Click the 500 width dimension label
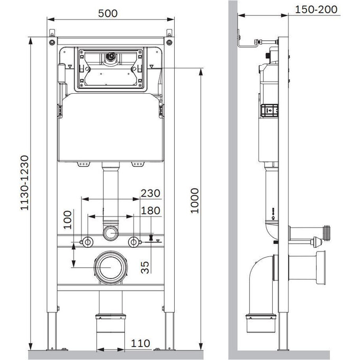coord(107,13)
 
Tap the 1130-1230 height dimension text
coord(24,183)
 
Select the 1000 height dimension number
coord(194,201)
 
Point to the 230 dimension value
coord(150,193)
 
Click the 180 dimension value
coord(150,211)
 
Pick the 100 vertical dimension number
coord(68,220)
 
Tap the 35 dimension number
coord(145,267)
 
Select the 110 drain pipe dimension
coord(140,344)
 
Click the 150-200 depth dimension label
coord(316,10)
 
